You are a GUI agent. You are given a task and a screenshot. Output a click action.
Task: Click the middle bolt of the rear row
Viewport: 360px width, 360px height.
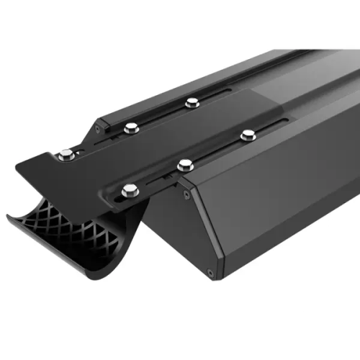pos(130,129)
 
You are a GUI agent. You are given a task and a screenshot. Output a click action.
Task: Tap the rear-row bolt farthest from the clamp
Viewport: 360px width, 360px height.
pos(192,103)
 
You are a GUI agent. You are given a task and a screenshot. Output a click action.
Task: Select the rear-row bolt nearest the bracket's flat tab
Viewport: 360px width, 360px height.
pos(66,153)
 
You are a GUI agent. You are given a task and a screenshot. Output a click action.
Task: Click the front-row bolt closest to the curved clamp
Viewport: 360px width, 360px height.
pos(130,191)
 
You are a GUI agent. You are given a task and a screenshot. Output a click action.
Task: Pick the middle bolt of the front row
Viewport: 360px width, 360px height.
pos(185,164)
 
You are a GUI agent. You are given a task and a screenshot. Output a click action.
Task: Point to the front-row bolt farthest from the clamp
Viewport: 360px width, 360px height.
pos(248,135)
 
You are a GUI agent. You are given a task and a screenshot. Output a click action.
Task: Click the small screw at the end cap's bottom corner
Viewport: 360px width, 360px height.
pos(210,273)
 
